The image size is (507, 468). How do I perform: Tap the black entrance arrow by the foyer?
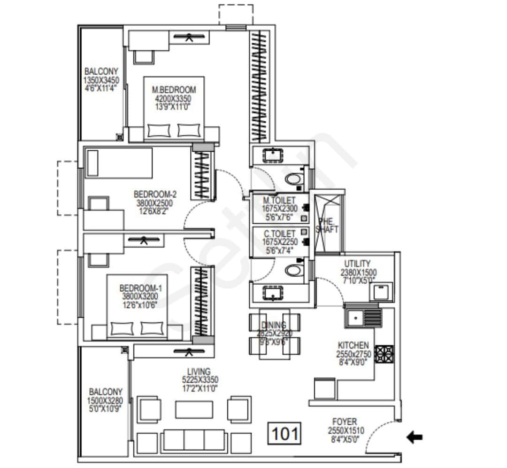pos(414,437)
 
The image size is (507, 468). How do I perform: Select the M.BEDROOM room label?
pos(174,90)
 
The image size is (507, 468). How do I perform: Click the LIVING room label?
pos(198,372)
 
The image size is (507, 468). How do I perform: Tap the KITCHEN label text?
pos(353,345)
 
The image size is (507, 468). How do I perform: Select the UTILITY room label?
pos(358,264)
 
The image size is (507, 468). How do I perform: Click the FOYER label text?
pos(345,421)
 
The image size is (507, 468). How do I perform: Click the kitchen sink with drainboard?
pos(362,318)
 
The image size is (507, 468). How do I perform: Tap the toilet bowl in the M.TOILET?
pos(294,179)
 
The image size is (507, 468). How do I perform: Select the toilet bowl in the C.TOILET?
pos(294,270)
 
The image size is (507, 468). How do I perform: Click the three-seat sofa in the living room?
pos(194,441)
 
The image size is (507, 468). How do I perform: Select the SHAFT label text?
pos(327,229)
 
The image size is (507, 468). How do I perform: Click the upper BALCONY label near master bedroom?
pos(101,71)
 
